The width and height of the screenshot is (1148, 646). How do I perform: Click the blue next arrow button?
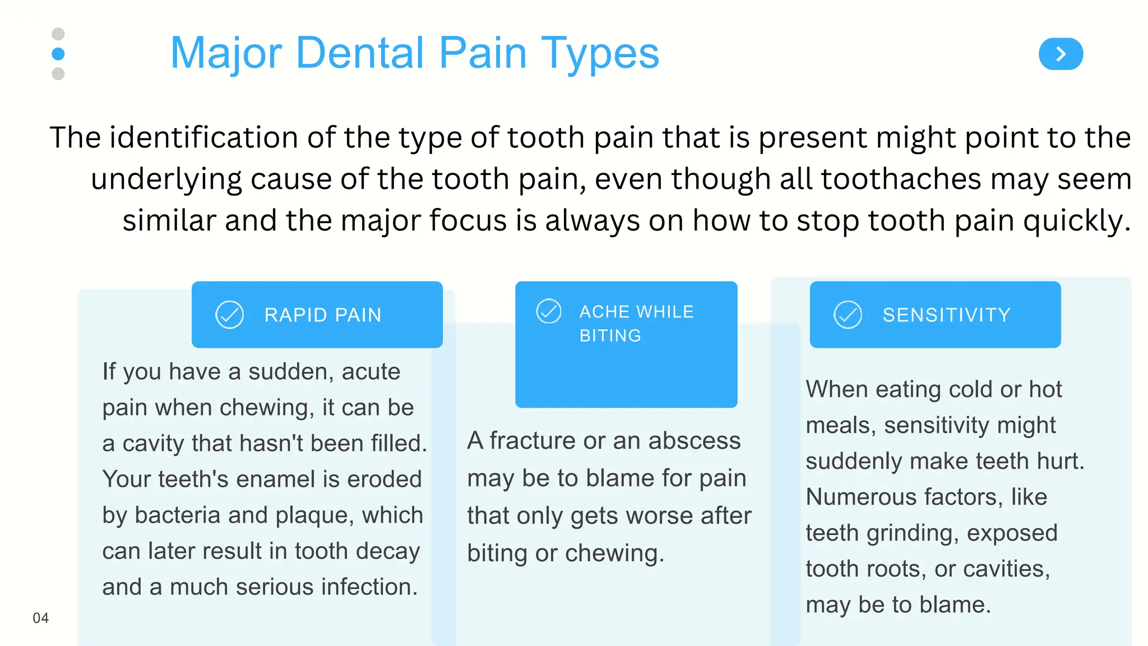click(1061, 54)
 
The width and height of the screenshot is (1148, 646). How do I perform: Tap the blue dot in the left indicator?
click(58, 54)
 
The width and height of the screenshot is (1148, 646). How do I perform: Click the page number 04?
click(40, 618)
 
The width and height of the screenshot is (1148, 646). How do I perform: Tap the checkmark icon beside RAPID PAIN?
click(229, 315)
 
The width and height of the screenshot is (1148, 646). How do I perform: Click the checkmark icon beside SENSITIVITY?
click(848, 315)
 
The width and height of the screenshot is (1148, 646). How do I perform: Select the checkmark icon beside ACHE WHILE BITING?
click(548, 311)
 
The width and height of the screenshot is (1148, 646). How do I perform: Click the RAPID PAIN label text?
click(323, 315)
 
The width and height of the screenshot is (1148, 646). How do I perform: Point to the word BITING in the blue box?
click(610, 336)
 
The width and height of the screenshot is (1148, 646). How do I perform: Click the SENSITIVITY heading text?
click(946, 315)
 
